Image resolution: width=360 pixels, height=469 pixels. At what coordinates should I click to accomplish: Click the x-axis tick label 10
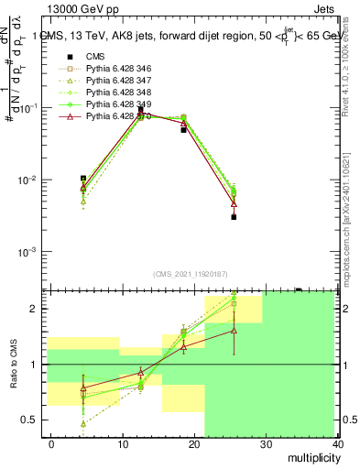click(123, 443)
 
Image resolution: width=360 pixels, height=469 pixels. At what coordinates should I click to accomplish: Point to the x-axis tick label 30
click(266, 443)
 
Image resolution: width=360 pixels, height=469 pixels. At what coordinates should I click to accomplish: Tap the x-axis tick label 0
click(51, 443)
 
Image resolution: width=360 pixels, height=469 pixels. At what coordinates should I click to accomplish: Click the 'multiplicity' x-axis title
click(311, 457)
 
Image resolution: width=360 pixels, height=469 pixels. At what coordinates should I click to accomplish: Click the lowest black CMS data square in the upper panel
click(234, 217)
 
